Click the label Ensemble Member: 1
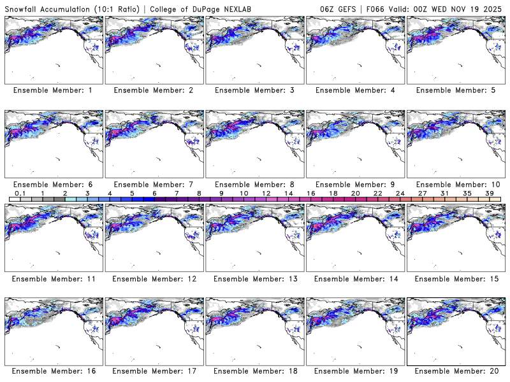click(x=53, y=90)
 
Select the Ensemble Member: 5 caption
click(x=455, y=90)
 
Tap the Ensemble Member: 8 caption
click(x=254, y=184)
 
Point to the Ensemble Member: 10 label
click(x=455, y=184)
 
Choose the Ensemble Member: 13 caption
click(x=254, y=278)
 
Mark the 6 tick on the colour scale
click(x=154, y=193)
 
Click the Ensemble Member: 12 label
click(x=154, y=278)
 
